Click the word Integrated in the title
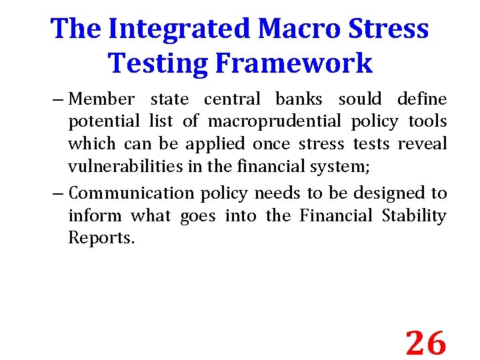coord(179,29)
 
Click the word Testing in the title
coord(151,63)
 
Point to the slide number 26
coord(425,343)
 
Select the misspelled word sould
coord(360,99)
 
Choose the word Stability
coord(414,216)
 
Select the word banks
coord(299,99)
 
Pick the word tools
coord(427,122)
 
